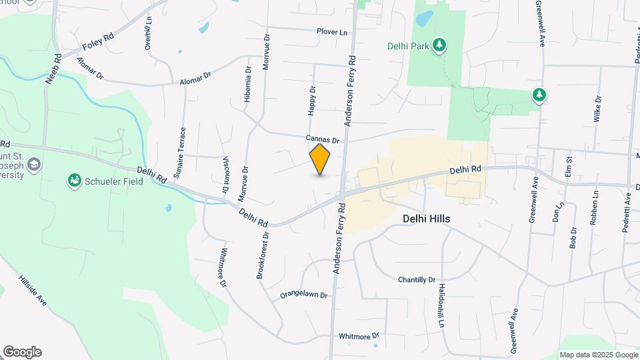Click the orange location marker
pos(320,159)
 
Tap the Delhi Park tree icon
pos(439,45)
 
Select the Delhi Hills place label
pos(426,219)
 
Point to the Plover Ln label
pos(332,32)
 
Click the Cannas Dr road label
pos(323,140)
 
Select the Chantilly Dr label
pos(416,279)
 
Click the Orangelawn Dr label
pos(304,294)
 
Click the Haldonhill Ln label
pos(441,305)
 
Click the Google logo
pos(22,352)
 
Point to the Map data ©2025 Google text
pos(598,355)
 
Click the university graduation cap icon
pos(35,164)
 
